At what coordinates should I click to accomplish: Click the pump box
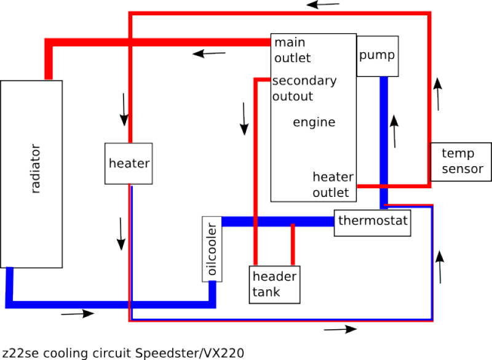(x=378, y=56)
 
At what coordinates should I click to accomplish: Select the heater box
(x=129, y=164)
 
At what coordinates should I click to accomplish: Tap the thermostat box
(x=373, y=223)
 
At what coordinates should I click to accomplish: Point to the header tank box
(x=274, y=285)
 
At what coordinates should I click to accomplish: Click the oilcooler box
(x=212, y=249)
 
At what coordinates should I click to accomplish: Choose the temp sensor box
(x=461, y=162)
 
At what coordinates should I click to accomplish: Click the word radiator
(x=36, y=169)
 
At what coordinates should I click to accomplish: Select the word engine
(x=314, y=122)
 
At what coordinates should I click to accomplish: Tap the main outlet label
(x=293, y=50)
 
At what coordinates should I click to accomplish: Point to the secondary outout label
(x=304, y=89)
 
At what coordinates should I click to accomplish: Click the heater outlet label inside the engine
(x=333, y=185)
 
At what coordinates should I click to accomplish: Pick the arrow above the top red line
(x=323, y=5)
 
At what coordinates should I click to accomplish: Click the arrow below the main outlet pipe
(x=209, y=54)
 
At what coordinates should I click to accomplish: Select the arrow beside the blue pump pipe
(x=394, y=131)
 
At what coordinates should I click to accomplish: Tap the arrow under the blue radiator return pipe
(x=77, y=313)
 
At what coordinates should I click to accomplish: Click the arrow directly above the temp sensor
(x=438, y=94)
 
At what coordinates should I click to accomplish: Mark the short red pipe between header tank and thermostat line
(x=293, y=244)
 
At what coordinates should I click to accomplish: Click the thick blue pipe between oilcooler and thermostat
(x=278, y=222)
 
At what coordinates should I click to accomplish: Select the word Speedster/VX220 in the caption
(x=189, y=353)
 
